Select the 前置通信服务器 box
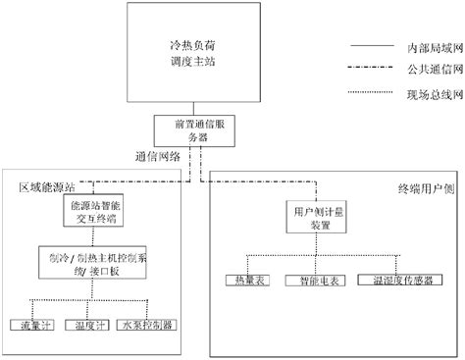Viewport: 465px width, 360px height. pos(183,131)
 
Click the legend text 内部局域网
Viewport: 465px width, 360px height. pos(430,47)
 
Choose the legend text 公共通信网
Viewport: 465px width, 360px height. pos(430,70)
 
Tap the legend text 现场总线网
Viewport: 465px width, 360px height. pos(430,92)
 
